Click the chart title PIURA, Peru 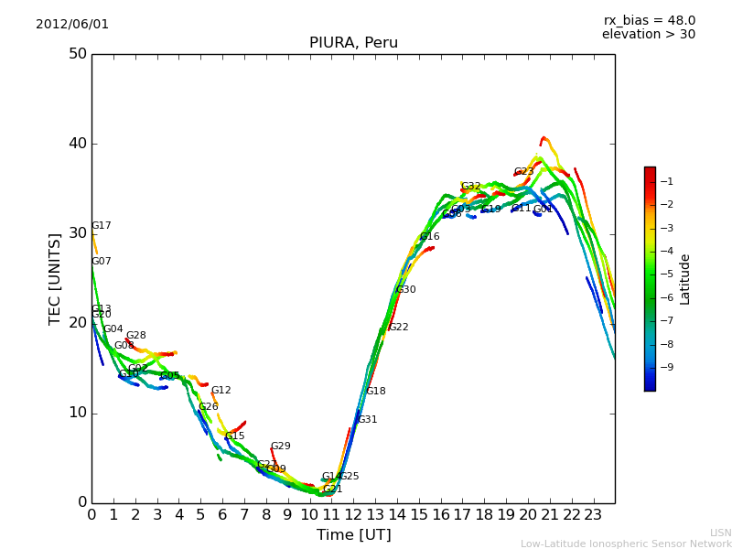point(353,43)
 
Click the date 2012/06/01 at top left point(72,25)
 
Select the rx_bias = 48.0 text point(649,21)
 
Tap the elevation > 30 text point(648,35)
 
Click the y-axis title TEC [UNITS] point(55,278)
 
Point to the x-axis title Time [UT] point(353,535)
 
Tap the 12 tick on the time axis point(353,514)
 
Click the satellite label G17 point(101,226)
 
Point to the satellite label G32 point(470,187)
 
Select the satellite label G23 point(523,172)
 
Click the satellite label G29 point(280,447)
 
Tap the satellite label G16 point(429,237)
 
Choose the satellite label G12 point(221,391)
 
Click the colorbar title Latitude point(685,279)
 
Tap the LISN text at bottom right point(720,533)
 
